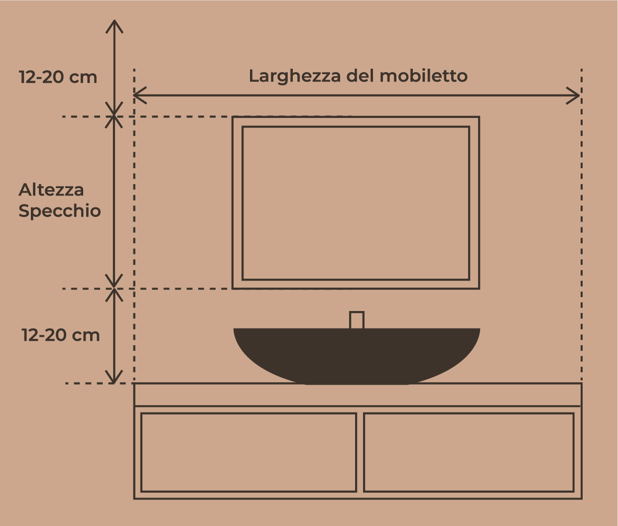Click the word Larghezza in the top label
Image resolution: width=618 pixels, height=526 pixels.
[294, 76]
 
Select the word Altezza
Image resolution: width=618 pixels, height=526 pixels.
[51, 190]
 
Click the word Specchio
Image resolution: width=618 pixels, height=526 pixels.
[59, 211]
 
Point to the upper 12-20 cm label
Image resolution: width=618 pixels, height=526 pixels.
[58, 77]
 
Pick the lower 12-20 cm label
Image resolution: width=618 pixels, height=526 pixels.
[60, 335]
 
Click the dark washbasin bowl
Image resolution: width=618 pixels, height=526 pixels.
[357, 356]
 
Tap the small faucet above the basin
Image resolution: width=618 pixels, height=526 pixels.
[357, 320]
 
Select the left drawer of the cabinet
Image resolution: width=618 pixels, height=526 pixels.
[249, 452]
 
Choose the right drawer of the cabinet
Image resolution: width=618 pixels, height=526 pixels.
[469, 452]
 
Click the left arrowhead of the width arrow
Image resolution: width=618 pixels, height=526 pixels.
[140, 96]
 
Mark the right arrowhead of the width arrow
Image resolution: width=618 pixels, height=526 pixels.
[573, 96]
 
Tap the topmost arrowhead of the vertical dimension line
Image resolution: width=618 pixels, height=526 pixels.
[114, 26]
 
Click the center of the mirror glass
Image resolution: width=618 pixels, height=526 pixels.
[356, 203]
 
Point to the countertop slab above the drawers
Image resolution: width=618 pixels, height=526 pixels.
[358, 395]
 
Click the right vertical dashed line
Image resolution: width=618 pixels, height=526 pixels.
[582, 225]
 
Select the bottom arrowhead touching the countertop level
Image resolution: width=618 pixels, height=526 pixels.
[114, 377]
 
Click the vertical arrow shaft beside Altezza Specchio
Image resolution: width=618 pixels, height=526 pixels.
[114, 203]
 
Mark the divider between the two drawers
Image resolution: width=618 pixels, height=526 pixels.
[360, 452]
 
